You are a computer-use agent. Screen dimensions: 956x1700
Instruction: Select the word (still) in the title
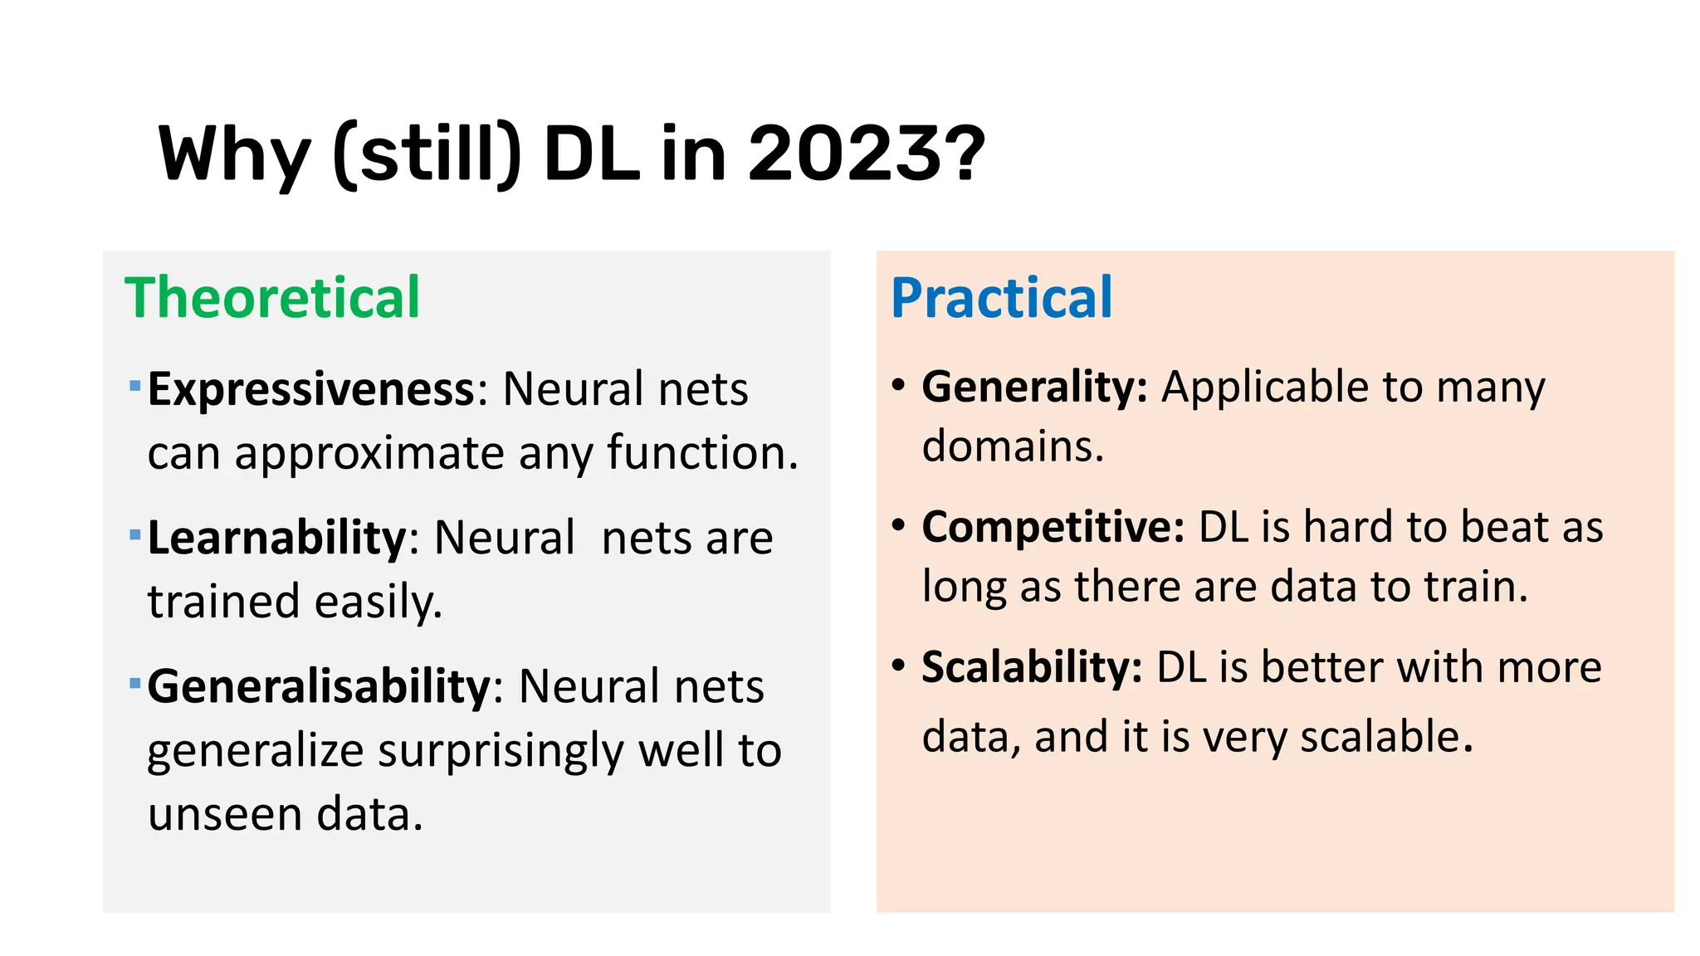pyautogui.click(x=427, y=154)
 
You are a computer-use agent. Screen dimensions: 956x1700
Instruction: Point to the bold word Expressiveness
pyautogui.click(x=310, y=389)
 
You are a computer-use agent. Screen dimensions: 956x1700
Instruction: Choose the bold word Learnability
pyautogui.click(x=276, y=538)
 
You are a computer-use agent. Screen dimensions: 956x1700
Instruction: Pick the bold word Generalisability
pyautogui.click(x=320, y=686)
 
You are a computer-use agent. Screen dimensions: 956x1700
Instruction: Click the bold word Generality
pyautogui.click(x=1034, y=387)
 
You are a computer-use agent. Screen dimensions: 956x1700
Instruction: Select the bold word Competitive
pyautogui.click(x=1053, y=527)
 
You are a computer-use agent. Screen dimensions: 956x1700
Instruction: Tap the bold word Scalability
pyautogui.click(x=1032, y=667)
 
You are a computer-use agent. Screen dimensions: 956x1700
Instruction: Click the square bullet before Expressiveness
pyautogui.click(x=134, y=386)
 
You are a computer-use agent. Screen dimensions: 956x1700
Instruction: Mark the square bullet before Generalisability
pyautogui.click(x=134, y=684)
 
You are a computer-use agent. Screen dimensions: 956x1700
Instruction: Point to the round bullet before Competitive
pyautogui.click(x=898, y=525)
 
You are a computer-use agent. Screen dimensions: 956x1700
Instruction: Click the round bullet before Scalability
pyautogui.click(x=898, y=666)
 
